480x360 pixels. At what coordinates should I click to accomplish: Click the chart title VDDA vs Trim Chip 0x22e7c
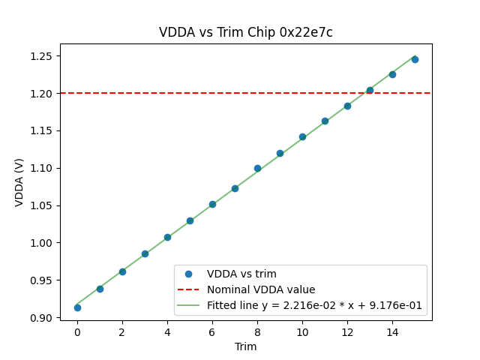(x=245, y=32)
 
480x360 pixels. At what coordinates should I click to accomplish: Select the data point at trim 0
(x=77, y=307)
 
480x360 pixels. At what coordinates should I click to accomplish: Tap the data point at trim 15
(x=415, y=59)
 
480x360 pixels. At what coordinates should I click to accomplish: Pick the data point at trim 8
(x=257, y=168)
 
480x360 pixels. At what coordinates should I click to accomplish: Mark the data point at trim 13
(x=370, y=90)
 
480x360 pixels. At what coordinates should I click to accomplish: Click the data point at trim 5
(x=190, y=220)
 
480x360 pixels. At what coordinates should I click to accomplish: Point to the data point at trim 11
(x=325, y=121)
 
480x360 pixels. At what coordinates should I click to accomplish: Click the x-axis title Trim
(x=245, y=346)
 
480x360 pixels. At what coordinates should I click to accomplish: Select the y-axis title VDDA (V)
(x=19, y=182)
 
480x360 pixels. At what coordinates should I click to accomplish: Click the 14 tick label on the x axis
(x=392, y=331)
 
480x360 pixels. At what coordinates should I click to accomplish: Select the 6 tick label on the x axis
(x=212, y=331)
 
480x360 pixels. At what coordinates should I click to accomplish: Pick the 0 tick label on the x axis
(x=77, y=331)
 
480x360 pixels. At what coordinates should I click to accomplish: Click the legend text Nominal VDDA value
(x=261, y=289)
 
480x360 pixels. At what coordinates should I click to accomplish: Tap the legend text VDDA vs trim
(x=241, y=274)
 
